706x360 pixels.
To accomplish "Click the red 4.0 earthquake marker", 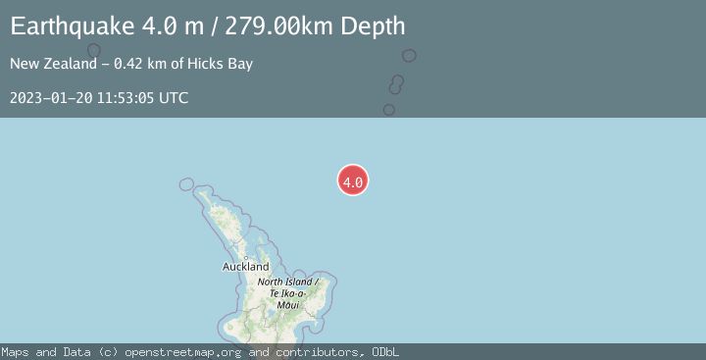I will click(x=353, y=180).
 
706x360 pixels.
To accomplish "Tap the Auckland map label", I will click(x=245, y=267).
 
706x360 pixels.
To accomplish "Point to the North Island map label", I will click(x=282, y=283).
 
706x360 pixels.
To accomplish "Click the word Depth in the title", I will click(x=375, y=27).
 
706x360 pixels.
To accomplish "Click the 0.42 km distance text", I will click(x=142, y=65).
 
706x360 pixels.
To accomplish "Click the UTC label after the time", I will click(x=174, y=98).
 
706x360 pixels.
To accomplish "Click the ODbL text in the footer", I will click(x=384, y=352).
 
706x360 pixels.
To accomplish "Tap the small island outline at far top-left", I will click(x=94, y=50).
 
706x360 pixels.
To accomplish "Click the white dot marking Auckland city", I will click(x=245, y=257).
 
